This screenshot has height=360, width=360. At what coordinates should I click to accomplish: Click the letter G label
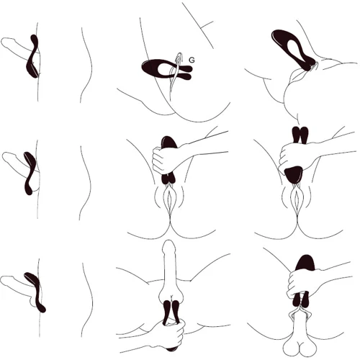[192, 60]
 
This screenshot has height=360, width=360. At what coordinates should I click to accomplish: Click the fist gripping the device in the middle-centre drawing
[166, 160]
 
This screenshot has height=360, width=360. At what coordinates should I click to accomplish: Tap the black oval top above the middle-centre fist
[169, 142]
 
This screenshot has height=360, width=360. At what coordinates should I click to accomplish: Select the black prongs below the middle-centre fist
[168, 179]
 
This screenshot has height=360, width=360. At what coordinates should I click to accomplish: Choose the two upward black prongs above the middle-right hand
[300, 135]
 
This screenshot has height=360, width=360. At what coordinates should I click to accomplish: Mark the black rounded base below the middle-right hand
[293, 175]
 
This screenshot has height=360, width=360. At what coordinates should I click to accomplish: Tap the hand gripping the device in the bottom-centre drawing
[171, 333]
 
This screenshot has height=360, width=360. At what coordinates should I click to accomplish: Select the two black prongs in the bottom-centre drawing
[171, 312]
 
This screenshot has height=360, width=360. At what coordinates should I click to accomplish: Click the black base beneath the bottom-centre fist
[171, 348]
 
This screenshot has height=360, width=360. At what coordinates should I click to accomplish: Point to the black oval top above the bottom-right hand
[305, 262]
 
